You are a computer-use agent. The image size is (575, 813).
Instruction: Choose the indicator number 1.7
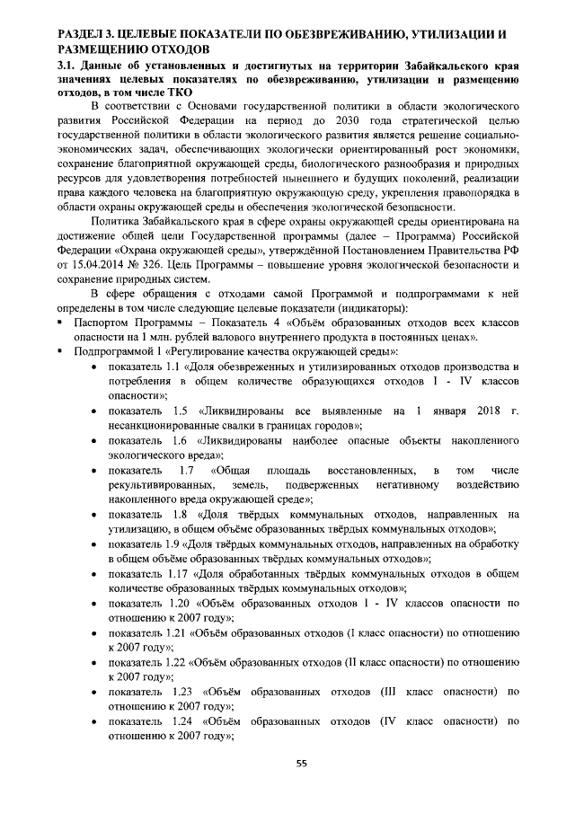pyautogui.click(x=187, y=470)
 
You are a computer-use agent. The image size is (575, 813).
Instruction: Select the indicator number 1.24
pyautogui.click(x=178, y=720)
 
